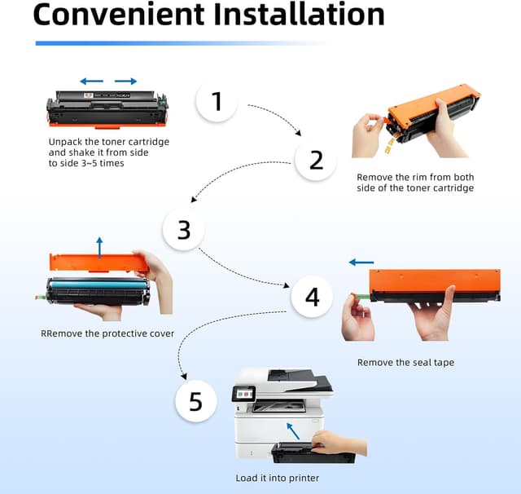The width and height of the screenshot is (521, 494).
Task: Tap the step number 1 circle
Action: pos(217,101)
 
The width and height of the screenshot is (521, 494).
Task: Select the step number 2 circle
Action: pos(316,160)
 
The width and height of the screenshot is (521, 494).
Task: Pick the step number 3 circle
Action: pos(184,230)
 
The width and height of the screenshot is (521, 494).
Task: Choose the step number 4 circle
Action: pos(313,298)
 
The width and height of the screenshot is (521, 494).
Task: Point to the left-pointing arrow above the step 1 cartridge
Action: pos(91,82)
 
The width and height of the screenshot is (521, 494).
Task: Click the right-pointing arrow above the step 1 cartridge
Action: pos(125,82)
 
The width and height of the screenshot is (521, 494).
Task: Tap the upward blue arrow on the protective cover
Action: pos(99,247)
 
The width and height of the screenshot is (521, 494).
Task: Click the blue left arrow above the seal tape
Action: pos(361,262)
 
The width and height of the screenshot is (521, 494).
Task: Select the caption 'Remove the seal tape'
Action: pos(405,362)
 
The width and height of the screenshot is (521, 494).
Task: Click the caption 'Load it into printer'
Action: pos(278,478)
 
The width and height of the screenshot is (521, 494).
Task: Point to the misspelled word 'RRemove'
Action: pos(65,333)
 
